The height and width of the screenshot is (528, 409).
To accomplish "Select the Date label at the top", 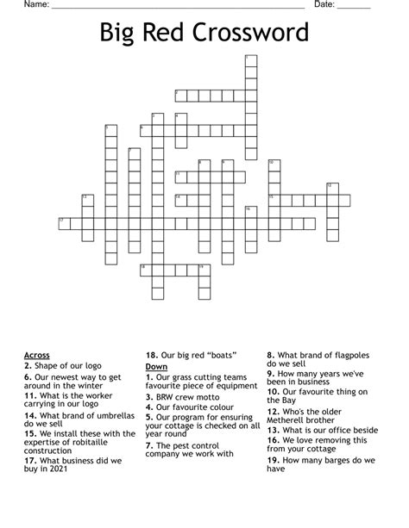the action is (324, 5).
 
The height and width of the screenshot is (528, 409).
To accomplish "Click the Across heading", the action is (37, 355).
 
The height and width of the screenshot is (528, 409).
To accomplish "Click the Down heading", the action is (156, 366).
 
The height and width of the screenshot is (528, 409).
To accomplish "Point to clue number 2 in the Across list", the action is (28, 365).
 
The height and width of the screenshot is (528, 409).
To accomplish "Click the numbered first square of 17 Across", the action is (63, 223).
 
